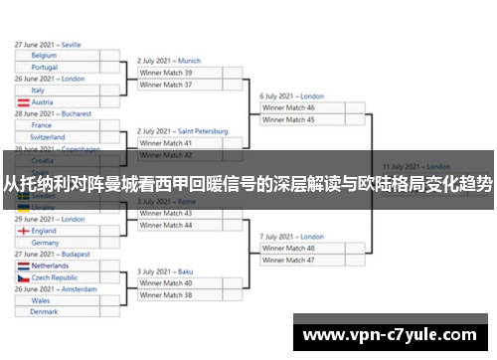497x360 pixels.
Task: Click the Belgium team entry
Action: [x=45, y=56]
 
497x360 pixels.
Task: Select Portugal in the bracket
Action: [x=45, y=68]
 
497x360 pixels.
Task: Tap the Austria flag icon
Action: [x=22, y=102]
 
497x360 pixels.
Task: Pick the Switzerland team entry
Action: [x=48, y=137]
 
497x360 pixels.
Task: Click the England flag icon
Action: [x=22, y=231]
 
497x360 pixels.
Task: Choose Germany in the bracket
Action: [x=45, y=243]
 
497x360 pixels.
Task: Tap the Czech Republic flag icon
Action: [x=22, y=278]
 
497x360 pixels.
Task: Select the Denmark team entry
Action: [x=45, y=312]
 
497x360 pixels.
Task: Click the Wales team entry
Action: [x=41, y=300]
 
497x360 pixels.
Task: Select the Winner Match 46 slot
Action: [x=288, y=107]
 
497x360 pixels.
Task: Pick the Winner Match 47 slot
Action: [x=288, y=260]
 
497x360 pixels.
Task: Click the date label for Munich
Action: [x=169, y=61]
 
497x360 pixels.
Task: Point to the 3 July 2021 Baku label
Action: [x=165, y=271]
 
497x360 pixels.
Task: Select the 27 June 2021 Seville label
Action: [x=48, y=45]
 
